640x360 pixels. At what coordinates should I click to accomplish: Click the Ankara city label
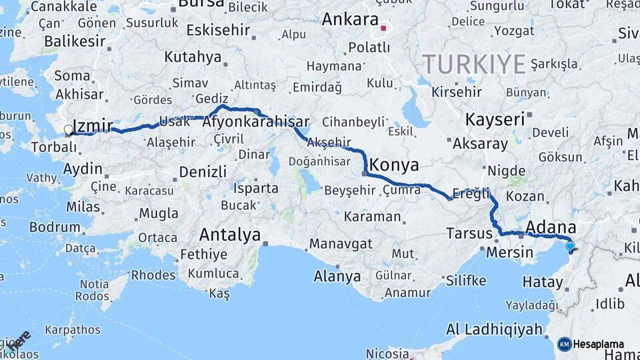coord(350,19)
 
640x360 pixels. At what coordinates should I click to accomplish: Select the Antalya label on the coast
coord(230,235)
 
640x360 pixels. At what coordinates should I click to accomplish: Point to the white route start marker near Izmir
coord(68,130)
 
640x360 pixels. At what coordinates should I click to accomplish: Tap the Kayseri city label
coord(495,120)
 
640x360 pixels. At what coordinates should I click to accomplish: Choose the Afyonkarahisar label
coord(255,122)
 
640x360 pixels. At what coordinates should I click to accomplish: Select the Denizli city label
coord(203,172)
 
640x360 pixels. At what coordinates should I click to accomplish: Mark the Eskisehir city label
coord(218,30)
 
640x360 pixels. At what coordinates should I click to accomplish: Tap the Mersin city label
coord(510,253)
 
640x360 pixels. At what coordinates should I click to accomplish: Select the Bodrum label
coord(55,227)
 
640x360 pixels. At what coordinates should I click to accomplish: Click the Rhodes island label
coord(153,275)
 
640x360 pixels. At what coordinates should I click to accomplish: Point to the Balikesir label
coord(75,41)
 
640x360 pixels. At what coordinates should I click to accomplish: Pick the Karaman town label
coord(373,217)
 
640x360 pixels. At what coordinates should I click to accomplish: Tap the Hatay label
coord(542,283)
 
